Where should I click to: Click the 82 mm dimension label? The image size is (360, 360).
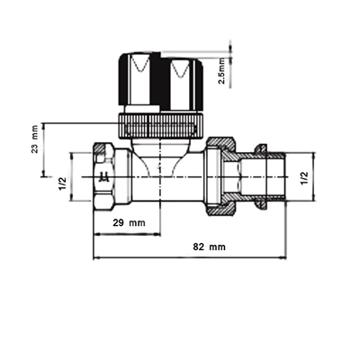click(209, 247)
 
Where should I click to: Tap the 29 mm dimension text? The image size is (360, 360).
click(129, 223)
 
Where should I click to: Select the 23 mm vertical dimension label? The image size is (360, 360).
click(35, 139)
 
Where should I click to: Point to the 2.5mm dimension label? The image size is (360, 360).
click(222, 71)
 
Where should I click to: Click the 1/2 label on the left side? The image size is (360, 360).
click(62, 184)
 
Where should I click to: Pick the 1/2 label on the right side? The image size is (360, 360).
click(304, 178)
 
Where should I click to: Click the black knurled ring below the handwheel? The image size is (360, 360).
click(162, 126)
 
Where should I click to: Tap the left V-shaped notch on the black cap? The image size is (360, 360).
click(140, 63)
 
